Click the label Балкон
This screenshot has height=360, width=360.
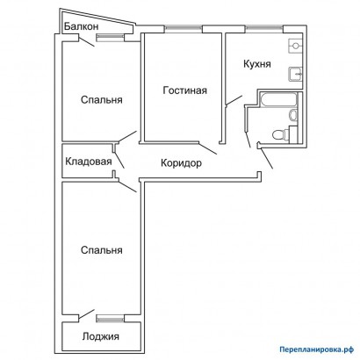coord(82,26)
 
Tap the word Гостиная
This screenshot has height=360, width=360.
coord(184,90)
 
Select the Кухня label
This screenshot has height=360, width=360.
coord(257,64)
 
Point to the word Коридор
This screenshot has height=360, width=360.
coord(181,163)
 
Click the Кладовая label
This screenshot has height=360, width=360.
coord(89,162)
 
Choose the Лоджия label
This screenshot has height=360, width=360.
coord(101,336)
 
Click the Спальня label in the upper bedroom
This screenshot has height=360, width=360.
coord(102,100)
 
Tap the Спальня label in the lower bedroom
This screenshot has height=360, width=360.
coord(102,250)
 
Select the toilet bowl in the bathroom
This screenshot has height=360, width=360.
coord(280,135)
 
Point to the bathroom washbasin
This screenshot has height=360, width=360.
coord(293,114)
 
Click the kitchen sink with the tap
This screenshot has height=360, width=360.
coord(295,74)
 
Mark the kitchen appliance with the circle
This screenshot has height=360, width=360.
coord(295,46)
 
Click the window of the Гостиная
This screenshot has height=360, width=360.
coord(184,29)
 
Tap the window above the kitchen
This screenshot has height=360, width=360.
coord(264,29)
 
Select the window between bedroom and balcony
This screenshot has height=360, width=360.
coord(111,37)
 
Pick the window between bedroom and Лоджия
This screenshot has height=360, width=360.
coord(111,319)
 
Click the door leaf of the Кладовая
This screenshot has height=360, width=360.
coord(119,160)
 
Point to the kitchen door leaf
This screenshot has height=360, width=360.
coord(234,100)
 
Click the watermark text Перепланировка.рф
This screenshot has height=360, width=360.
coord(317,349)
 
